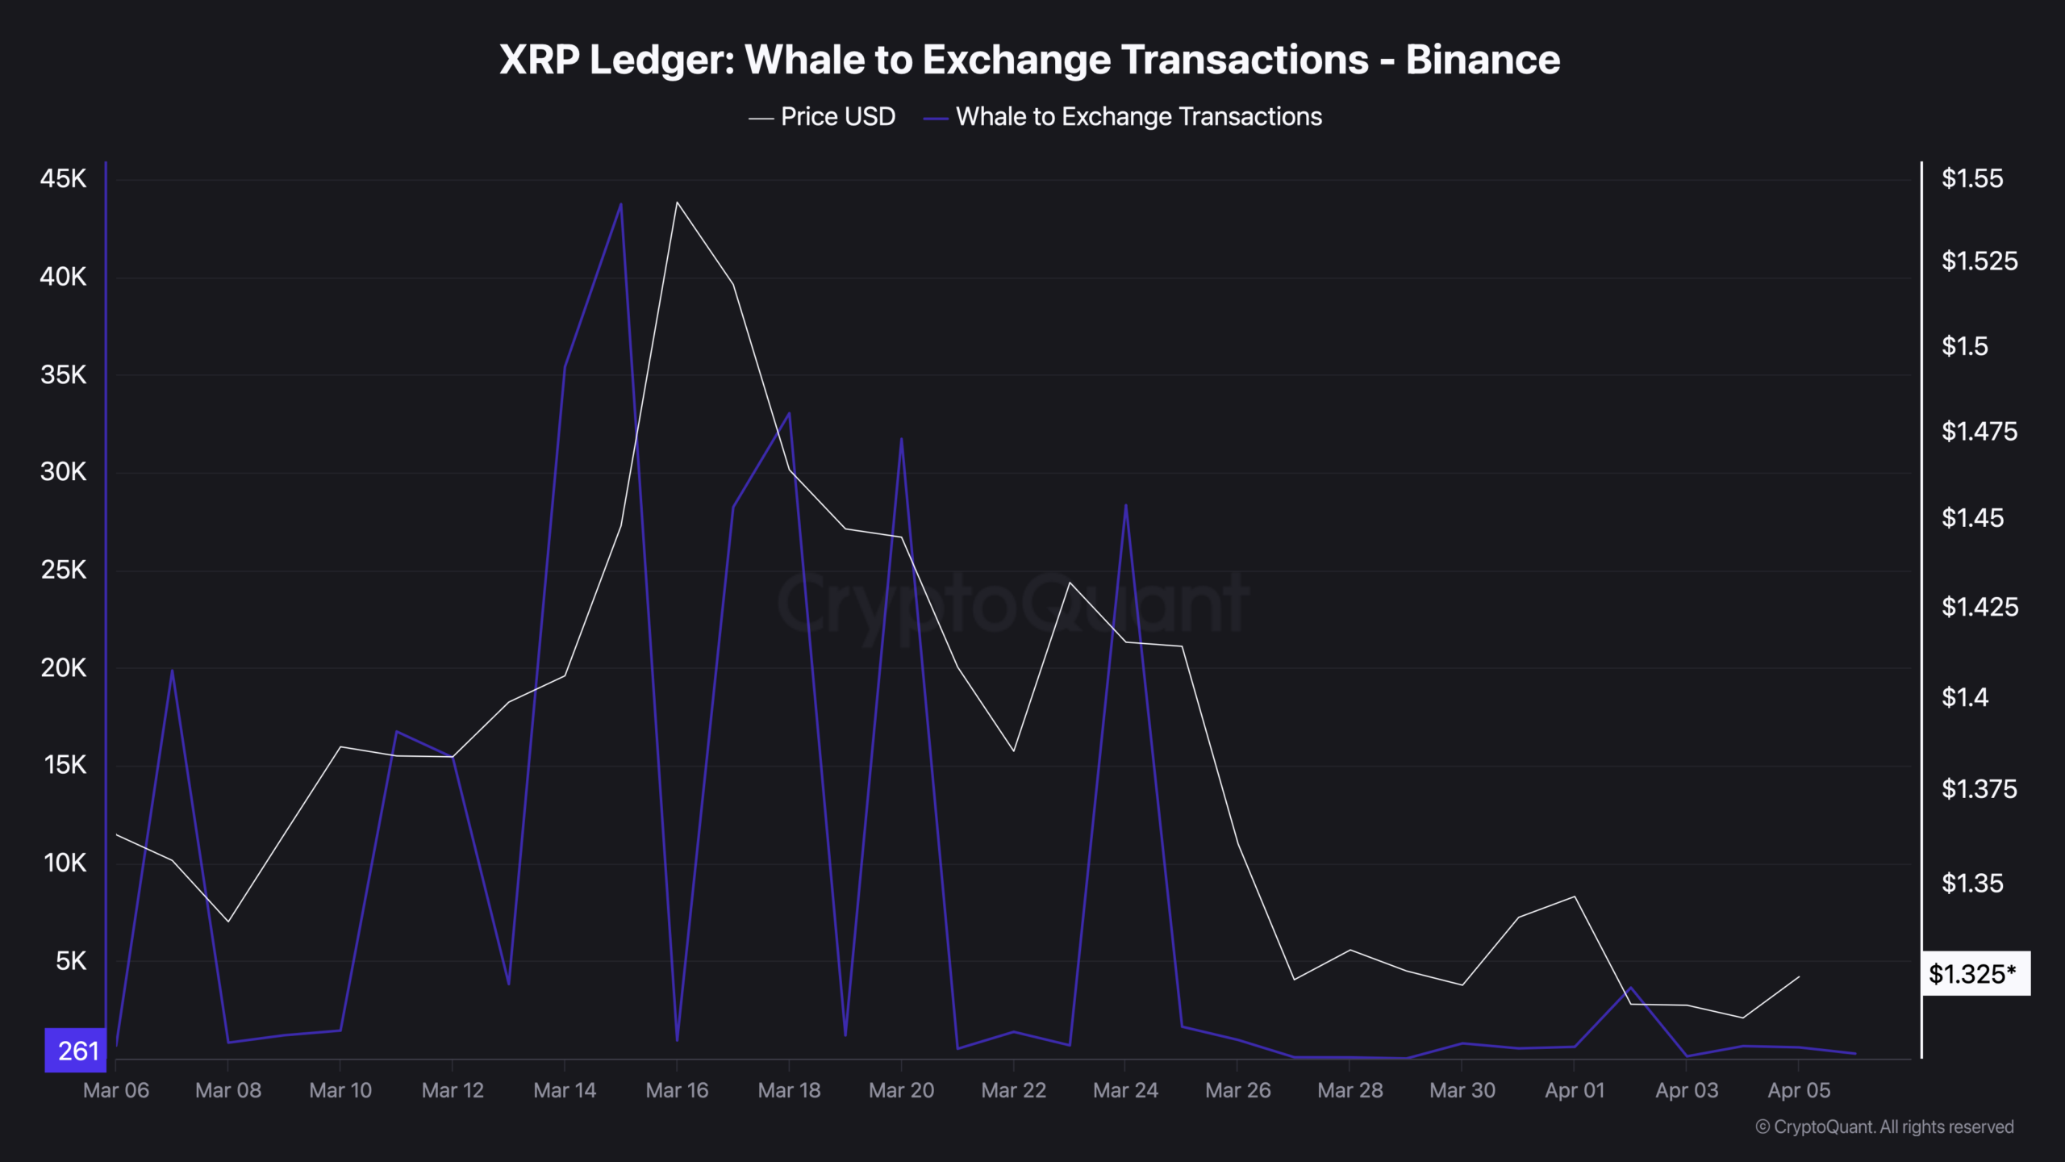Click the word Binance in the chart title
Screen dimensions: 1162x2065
tap(1483, 60)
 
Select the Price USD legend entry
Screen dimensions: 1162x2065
tap(837, 117)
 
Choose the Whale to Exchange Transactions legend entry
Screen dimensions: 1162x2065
tap(1137, 117)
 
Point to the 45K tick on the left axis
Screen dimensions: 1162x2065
tap(63, 178)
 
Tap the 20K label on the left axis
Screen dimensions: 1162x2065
tap(63, 668)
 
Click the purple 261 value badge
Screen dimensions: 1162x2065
tap(77, 1051)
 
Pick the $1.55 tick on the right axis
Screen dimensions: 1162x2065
tap(1971, 178)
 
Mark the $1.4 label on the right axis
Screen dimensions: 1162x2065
tap(1965, 697)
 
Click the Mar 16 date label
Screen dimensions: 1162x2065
tap(677, 1090)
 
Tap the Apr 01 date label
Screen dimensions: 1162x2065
tap(1574, 1090)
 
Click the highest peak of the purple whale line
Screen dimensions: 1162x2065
tap(620, 204)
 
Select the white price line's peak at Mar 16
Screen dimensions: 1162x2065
tap(677, 202)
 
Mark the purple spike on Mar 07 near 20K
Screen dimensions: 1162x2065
tap(172, 670)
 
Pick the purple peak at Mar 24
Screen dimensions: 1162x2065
tap(1125, 506)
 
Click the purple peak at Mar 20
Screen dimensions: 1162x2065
tap(901, 439)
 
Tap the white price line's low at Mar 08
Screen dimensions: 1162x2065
tap(228, 922)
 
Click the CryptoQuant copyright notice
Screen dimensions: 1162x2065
tap(1884, 1127)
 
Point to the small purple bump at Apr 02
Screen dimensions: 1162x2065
tap(1630, 988)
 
